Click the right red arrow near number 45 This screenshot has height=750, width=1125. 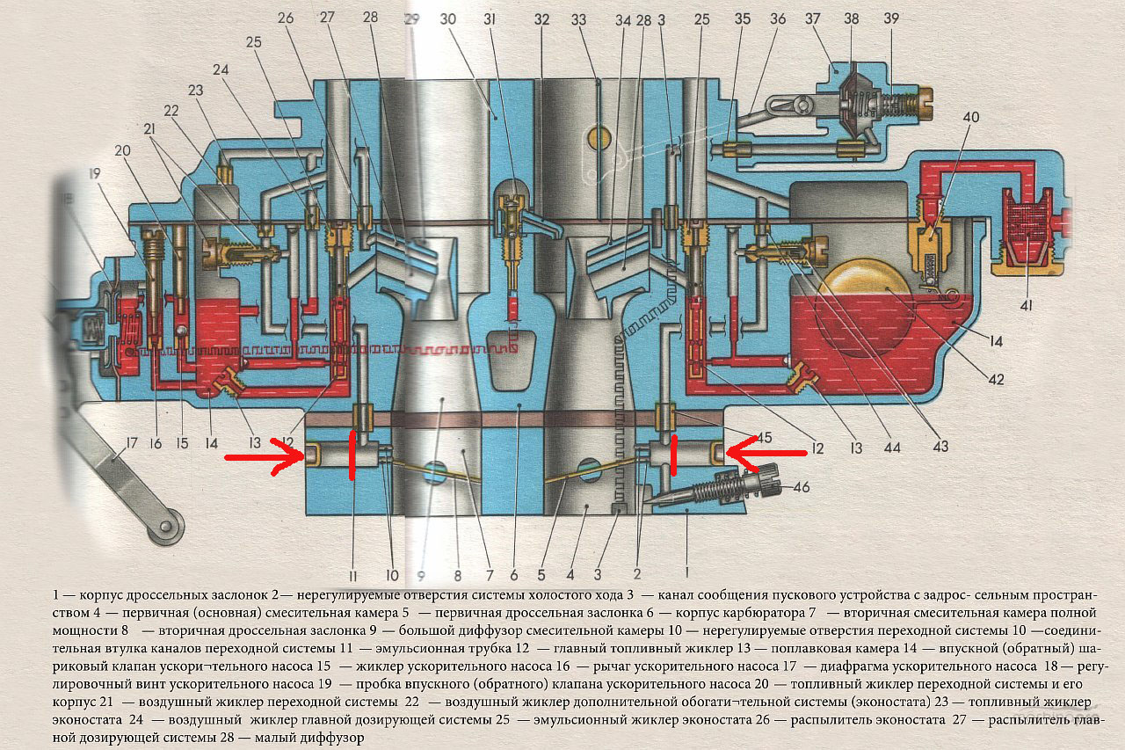(765, 452)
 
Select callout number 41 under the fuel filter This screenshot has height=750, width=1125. (1027, 305)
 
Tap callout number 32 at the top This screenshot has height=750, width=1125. (541, 18)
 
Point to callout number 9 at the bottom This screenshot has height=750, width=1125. (422, 577)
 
